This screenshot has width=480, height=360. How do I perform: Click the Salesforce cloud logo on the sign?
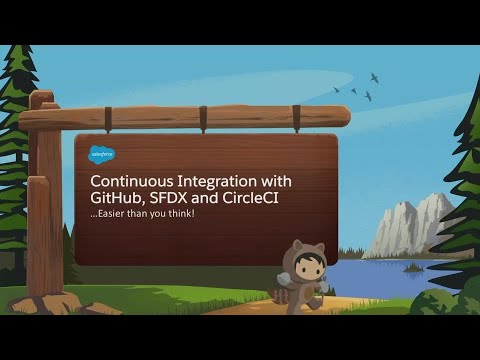[102, 154]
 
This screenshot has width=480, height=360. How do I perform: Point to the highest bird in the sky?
[374, 77]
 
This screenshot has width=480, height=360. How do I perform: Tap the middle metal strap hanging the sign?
[202, 116]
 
